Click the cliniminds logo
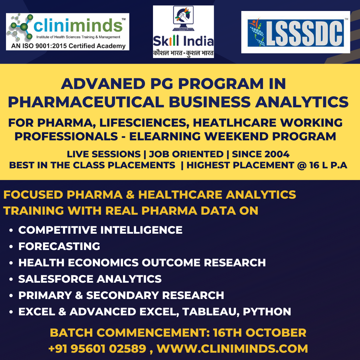point(67,32)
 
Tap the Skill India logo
point(183,32)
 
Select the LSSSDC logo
point(296,32)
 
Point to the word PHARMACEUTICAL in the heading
point(86,102)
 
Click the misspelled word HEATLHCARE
point(235,123)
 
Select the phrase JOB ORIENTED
point(186,154)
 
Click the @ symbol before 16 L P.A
point(302,165)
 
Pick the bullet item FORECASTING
point(59,246)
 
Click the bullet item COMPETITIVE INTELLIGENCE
point(100,230)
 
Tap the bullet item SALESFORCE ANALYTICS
point(90,279)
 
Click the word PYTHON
point(267,312)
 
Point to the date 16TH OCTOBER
point(260,333)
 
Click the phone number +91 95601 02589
point(97,349)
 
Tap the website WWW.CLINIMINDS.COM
point(232,349)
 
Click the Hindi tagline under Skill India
point(183,53)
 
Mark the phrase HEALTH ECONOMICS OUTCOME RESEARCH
point(142,263)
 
